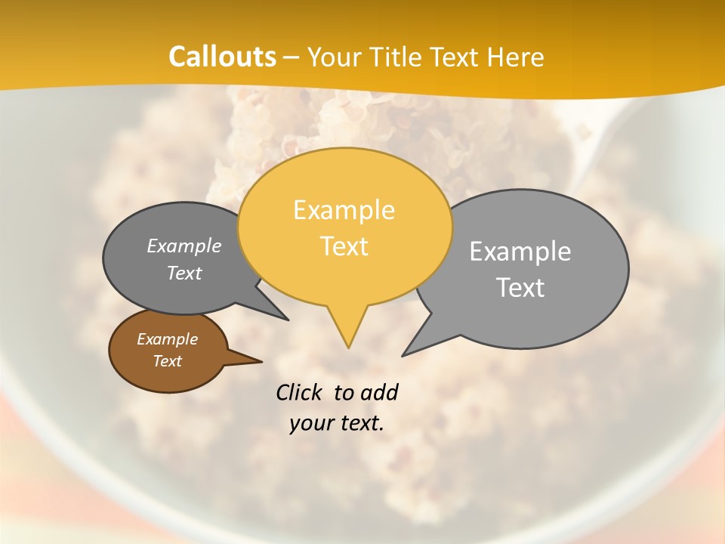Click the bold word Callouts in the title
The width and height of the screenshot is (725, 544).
point(222,57)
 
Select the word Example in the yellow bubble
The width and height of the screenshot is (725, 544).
point(344,210)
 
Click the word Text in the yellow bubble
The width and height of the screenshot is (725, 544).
point(344,246)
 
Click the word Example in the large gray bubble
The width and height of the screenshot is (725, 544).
point(520,252)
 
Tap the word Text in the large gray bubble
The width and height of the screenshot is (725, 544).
point(520,288)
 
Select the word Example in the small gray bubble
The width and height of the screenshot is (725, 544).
point(184,246)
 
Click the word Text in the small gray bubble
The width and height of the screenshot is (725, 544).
point(184,274)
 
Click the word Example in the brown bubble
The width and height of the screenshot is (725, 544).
point(168,339)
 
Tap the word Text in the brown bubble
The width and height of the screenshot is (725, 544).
point(168,361)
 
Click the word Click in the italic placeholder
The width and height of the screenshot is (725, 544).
point(300,392)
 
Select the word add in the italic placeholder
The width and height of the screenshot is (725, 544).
point(379,392)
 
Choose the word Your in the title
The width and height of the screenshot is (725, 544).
point(333,57)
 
